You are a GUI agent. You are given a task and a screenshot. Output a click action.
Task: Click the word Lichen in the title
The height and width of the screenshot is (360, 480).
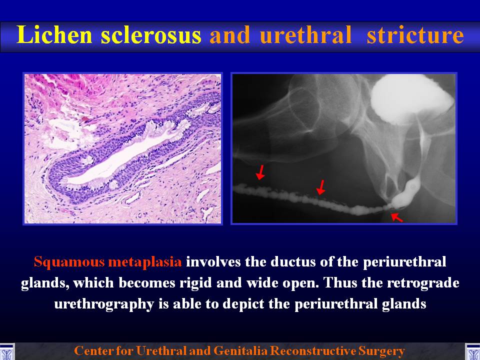coord(54,34)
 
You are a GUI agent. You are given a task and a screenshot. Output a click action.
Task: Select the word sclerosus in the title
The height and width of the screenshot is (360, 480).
coord(151,34)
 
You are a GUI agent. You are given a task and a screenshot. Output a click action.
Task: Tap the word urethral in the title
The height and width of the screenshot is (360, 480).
coord(305,34)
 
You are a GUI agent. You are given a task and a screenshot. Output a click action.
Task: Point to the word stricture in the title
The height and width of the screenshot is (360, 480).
coord(415,35)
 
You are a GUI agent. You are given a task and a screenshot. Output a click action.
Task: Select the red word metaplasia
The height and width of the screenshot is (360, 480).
coord(145,262)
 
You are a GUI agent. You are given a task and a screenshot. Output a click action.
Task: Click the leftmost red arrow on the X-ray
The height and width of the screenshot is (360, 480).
coord(260,172)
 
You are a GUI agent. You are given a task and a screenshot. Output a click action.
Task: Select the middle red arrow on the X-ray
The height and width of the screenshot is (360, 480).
coord(320,187)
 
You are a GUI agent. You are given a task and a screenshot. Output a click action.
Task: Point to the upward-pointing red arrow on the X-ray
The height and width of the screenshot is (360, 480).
coord(397,217)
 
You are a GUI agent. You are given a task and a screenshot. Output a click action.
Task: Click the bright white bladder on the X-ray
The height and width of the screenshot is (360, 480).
coord(410,98)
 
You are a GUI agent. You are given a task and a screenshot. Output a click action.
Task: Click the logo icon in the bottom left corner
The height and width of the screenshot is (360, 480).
coord(7,351)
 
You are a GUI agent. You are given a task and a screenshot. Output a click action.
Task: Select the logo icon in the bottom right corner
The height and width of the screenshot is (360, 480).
coord(472,351)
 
